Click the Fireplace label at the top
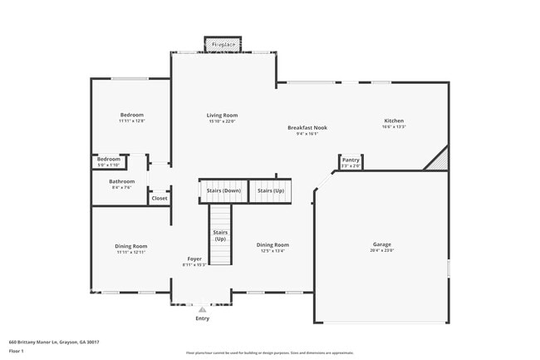click(223, 44)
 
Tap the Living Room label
click(223, 115)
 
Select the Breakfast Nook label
click(307, 127)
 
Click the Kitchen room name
click(394, 120)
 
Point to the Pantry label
click(351, 160)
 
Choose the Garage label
click(382, 244)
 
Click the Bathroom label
click(121, 180)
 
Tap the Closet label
click(160, 198)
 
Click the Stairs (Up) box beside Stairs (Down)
click(270, 190)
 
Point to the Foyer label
click(194, 259)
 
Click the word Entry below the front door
click(202, 318)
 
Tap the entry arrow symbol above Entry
click(202, 309)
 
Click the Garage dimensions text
click(382, 250)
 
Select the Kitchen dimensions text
click(394, 126)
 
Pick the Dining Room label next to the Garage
click(272, 244)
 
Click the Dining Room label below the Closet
click(131, 245)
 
